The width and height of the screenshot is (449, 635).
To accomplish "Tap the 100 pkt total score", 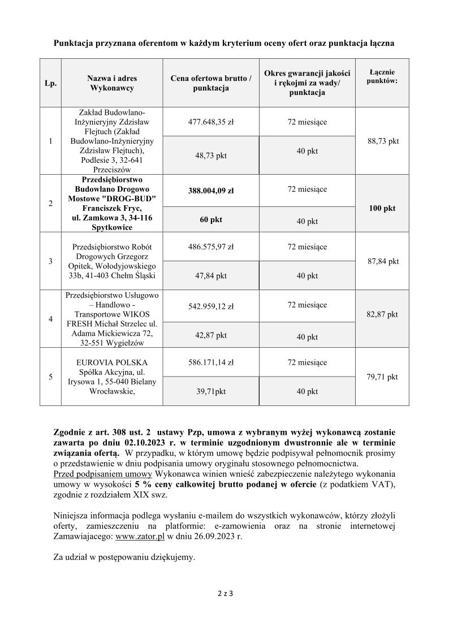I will [382, 209].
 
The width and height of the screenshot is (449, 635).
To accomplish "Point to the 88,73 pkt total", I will [382, 141].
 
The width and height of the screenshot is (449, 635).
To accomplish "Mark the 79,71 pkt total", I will [382, 377].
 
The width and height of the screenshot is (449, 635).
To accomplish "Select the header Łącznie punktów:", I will [382, 76].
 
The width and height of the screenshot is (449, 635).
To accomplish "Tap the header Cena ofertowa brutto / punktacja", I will [210, 84].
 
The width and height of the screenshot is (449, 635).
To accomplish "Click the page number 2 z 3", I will [225, 594].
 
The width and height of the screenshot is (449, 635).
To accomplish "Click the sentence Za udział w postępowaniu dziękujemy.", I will [124, 557].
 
